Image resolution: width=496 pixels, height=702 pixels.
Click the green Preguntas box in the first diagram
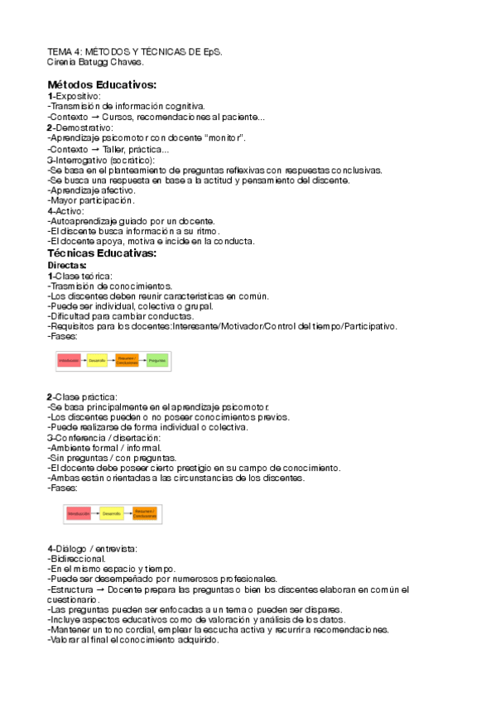[157, 361]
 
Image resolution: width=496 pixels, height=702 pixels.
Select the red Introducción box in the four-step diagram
[70, 361]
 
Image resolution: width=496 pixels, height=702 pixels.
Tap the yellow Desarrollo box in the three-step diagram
[113, 514]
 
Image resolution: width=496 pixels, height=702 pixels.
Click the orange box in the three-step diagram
[144, 514]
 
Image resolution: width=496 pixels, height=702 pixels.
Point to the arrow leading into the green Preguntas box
[142, 361]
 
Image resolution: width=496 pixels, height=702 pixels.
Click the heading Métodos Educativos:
[102, 84]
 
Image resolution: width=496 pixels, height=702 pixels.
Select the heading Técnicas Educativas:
[102, 253]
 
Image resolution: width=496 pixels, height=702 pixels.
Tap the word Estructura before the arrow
[72, 589]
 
